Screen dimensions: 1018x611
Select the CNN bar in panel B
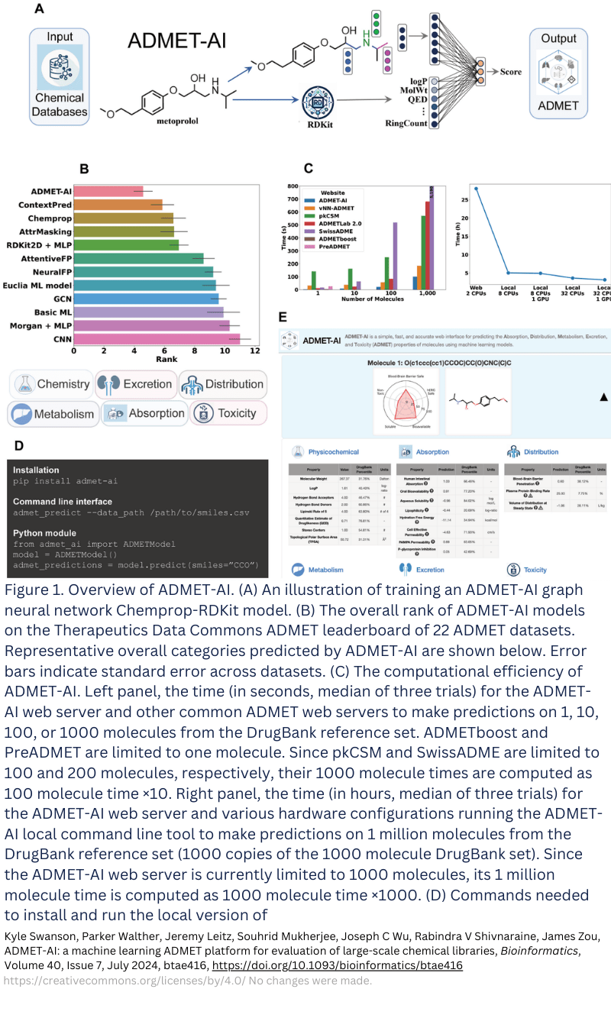[157, 338]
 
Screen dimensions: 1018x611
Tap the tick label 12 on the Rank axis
[254, 351]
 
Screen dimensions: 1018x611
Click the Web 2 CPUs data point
[475, 188]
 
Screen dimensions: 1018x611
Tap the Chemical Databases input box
[60, 77]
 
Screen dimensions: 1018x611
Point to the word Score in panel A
[511, 73]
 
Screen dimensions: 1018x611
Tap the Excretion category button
[136, 384]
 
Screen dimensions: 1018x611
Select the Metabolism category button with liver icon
[53, 414]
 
